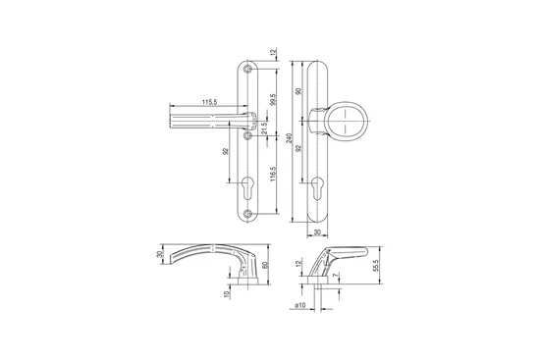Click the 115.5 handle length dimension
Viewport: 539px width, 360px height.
[x=210, y=102]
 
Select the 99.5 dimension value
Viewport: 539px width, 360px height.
[x=273, y=99]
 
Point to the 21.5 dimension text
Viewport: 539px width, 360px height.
[x=264, y=129]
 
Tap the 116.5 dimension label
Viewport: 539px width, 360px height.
[x=273, y=174]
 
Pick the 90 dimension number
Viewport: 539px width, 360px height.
[x=298, y=91]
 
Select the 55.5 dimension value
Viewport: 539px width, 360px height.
[x=375, y=266]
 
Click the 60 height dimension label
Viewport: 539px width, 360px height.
[x=264, y=265]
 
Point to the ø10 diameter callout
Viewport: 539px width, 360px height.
[x=300, y=305]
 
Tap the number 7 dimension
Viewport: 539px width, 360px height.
[x=336, y=276]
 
